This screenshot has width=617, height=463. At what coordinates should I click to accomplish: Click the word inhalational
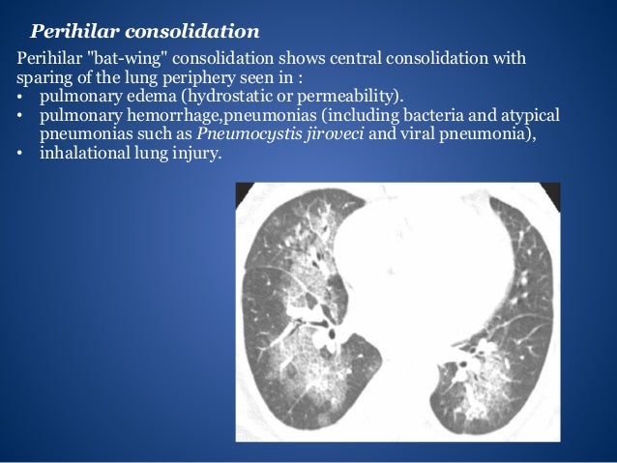pos(82,154)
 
